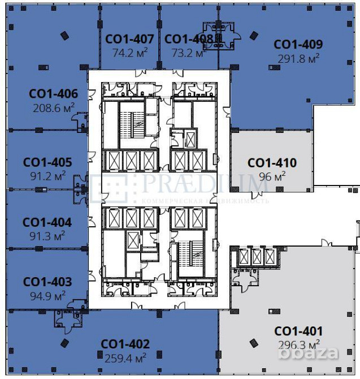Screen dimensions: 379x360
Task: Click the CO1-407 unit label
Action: [129, 39]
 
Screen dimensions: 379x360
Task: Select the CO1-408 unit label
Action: [189, 39]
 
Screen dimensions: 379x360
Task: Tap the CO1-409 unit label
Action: [298, 45]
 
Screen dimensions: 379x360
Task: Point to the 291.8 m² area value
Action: [298, 58]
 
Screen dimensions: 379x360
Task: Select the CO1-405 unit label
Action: [47, 162]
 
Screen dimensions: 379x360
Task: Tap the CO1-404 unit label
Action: [47, 222]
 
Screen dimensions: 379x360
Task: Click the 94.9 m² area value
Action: [47, 295]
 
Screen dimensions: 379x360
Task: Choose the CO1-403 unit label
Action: [47, 282]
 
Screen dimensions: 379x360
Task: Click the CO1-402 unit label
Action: [125, 344]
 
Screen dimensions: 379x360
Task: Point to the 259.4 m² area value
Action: [125, 358]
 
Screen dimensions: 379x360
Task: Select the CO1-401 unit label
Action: [298, 331]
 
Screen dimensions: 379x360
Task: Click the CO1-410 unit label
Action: [272, 163]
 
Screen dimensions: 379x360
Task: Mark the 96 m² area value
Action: [272, 176]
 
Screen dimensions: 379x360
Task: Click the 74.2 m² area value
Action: [129, 53]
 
